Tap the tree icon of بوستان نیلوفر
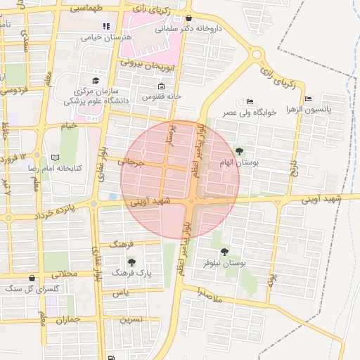point(225,251)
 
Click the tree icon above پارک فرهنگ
point(131,262)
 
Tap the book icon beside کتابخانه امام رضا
point(55,157)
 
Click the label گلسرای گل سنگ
point(25,288)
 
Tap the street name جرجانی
point(131,162)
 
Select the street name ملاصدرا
point(209,295)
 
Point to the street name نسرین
point(131,319)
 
